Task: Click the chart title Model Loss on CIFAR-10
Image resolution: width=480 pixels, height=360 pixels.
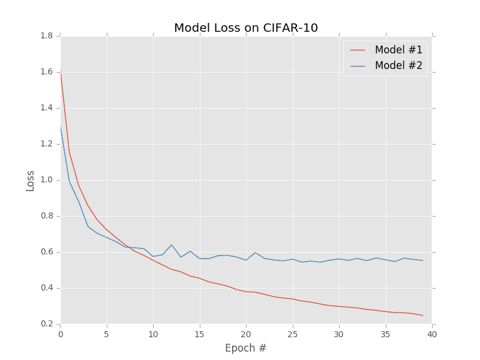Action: pos(246,28)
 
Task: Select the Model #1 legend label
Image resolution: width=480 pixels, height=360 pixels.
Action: pos(398,50)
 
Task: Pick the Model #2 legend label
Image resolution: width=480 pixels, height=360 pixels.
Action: pos(398,65)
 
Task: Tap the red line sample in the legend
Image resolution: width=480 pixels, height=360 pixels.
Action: pos(358,50)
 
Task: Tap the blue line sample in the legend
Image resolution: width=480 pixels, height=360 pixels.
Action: pos(358,65)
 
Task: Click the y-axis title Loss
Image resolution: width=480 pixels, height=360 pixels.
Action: pos(30,181)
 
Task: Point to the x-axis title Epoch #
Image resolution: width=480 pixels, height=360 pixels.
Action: pos(246,348)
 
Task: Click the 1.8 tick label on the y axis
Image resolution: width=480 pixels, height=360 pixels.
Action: pos(47,36)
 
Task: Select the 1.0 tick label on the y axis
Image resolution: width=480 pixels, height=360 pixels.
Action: pos(47,180)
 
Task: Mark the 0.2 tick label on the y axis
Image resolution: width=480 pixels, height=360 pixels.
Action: pos(47,324)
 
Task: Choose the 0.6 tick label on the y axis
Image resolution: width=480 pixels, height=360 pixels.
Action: pos(47,252)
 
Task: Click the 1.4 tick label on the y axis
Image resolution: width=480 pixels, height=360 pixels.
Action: pos(47,108)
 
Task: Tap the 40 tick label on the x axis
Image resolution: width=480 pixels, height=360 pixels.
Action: pos(432,334)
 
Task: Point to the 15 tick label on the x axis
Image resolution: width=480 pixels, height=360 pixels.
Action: pos(200,334)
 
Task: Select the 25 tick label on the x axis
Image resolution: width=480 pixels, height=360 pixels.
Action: pos(293,334)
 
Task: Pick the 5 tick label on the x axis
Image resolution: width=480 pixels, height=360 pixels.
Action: pos(107,334)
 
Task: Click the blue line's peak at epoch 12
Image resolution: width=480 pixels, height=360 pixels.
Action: pos(172,245)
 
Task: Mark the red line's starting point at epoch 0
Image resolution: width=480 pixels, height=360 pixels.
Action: pos(61,71)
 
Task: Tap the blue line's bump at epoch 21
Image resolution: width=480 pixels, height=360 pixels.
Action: pos(256,253)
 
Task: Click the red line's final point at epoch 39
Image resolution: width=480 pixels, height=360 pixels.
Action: pos(423,316)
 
